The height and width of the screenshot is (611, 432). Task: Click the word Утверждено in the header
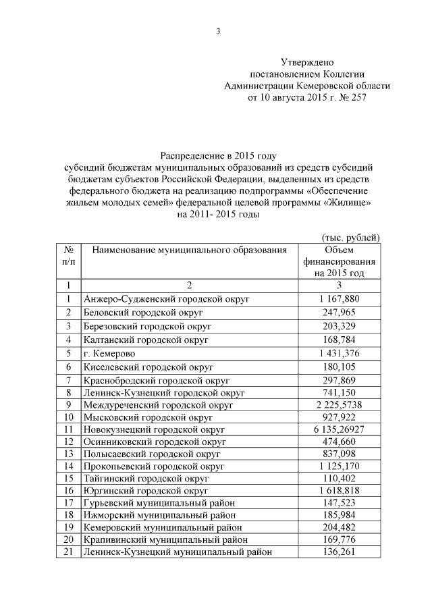point(307,62)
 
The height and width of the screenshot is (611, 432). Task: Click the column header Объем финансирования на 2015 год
point(339,262)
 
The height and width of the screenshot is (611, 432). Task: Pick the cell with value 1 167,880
point(339,298)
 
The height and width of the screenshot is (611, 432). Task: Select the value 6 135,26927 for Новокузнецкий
point(339,429)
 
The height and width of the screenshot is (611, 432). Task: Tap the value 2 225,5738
point(339,404)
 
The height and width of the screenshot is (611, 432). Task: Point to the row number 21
point(67,552)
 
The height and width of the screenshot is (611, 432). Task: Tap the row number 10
point(67,417)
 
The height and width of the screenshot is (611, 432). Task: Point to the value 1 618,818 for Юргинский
point(339,490)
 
